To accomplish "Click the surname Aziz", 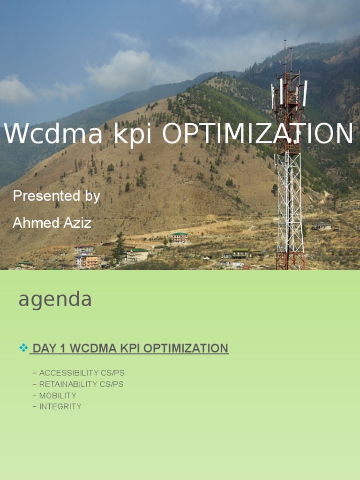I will [78, 223].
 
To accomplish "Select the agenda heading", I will [55, 300].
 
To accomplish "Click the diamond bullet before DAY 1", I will [23, 348].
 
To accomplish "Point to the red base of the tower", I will [290, 260].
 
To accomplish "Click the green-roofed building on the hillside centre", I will [179, 238].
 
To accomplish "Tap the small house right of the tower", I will [322, 226].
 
